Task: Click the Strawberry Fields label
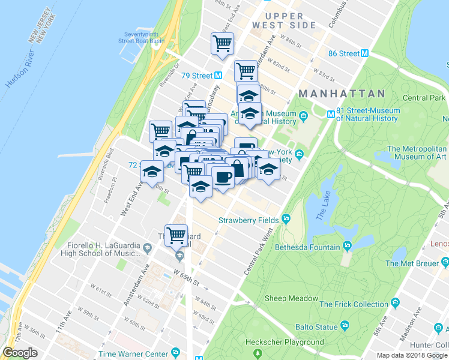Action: [x=248, y=220]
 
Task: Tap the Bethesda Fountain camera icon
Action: [x=347, y=247]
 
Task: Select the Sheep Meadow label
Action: [x=292, y=298]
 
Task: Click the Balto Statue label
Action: [x=316, y=327]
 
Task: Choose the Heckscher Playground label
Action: [x=285, y=342]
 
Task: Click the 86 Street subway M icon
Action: [x=364, y=53]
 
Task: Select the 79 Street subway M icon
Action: [x=218, y=76]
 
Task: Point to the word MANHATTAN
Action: [x=342, y=94]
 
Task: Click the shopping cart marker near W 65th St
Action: [x=176, y=235]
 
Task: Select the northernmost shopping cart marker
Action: [x=222, y=43]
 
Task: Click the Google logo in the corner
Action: [x=20, y=353]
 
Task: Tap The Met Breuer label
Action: [x=409, y=263]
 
